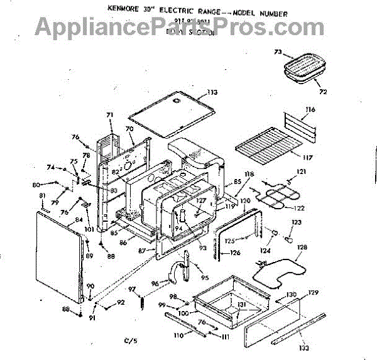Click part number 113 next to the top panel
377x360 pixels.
[213, 93]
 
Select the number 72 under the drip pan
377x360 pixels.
[323, 92]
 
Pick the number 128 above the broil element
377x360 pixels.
[302, 248]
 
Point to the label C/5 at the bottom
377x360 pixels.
[130, 341]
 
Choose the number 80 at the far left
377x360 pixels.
[36, 184]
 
